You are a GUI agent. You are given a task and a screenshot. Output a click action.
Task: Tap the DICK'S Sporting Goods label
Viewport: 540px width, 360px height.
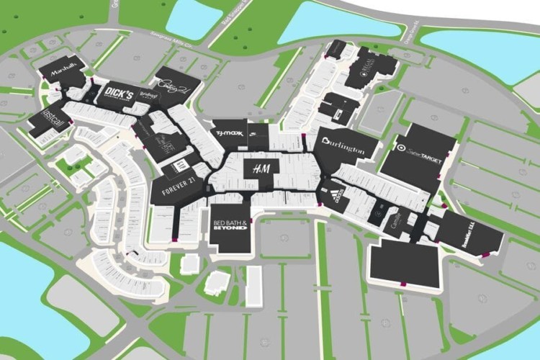pos(119,94)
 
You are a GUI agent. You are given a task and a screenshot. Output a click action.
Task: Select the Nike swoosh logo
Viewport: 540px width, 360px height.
pos(256,132)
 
